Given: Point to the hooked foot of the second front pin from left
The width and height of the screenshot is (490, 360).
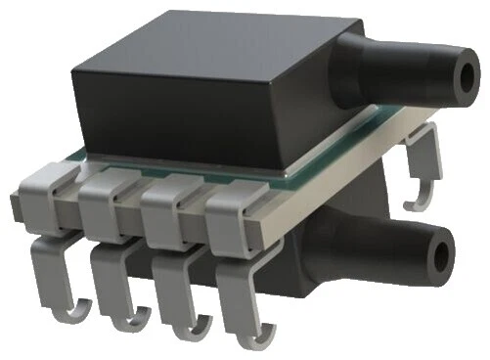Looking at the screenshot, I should pos(124,319).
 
